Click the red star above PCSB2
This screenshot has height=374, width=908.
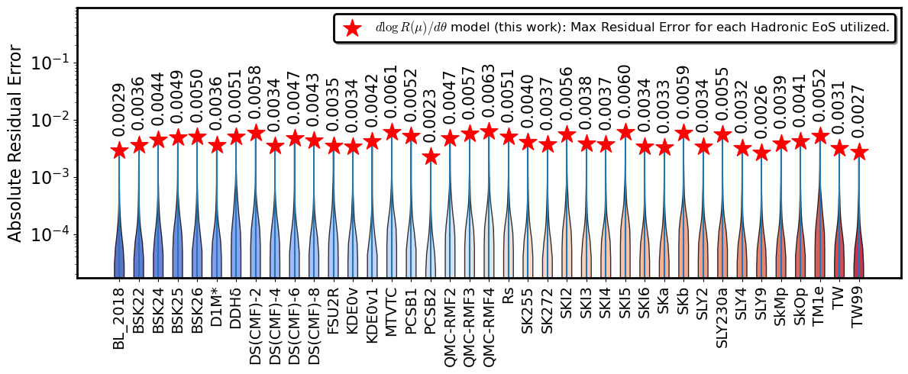click(430, 156)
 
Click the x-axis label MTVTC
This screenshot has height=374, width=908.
click(392, 308)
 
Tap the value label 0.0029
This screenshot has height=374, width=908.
click(119, 114)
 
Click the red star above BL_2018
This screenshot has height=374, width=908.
click(119, 150)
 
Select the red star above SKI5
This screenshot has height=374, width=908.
click(625, 132)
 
